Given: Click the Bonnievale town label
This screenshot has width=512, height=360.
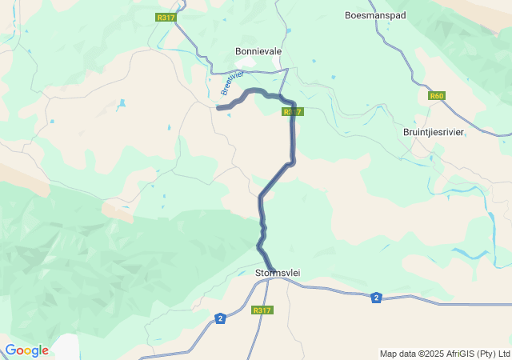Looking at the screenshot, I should coord(258,51).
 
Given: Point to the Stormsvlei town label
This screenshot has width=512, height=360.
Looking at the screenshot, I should coord(277,273).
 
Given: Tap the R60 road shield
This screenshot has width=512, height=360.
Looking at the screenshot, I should coord(436,96).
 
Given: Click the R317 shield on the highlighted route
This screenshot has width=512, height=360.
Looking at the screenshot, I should coord(292,112).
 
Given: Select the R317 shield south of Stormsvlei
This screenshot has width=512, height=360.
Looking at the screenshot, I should coord(262,310).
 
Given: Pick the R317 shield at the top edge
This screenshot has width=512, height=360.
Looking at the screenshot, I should coord(166,18).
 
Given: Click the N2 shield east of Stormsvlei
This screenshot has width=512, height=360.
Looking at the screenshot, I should coord(376,298).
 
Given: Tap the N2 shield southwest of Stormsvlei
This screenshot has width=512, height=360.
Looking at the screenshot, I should coord(220,318).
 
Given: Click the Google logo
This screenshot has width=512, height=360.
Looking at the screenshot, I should coord(26,350).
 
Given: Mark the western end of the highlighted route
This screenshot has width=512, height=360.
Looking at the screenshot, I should coord(218,108).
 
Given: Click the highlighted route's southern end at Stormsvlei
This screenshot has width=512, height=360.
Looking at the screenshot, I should coord(272,270).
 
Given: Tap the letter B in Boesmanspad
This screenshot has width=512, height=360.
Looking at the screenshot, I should coord(348,15).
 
